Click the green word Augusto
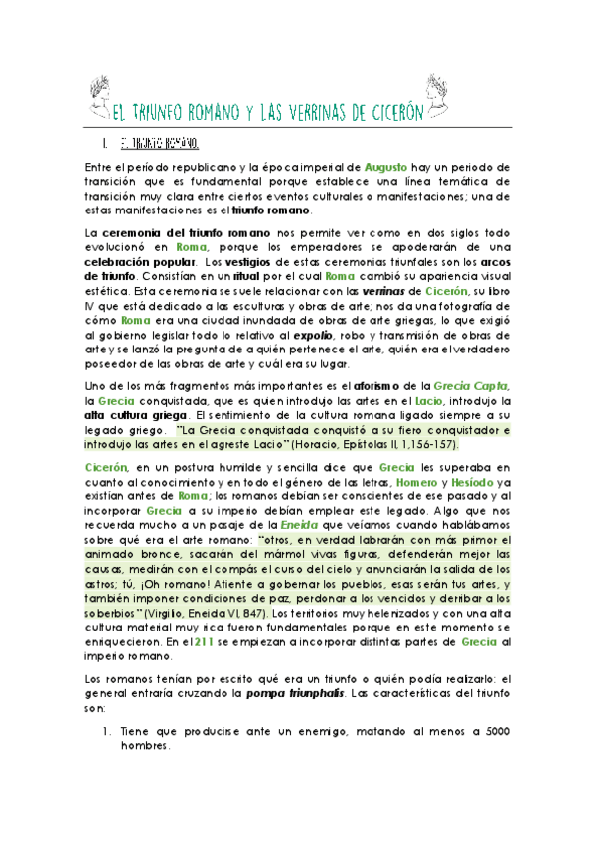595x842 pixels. pos(387,168)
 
